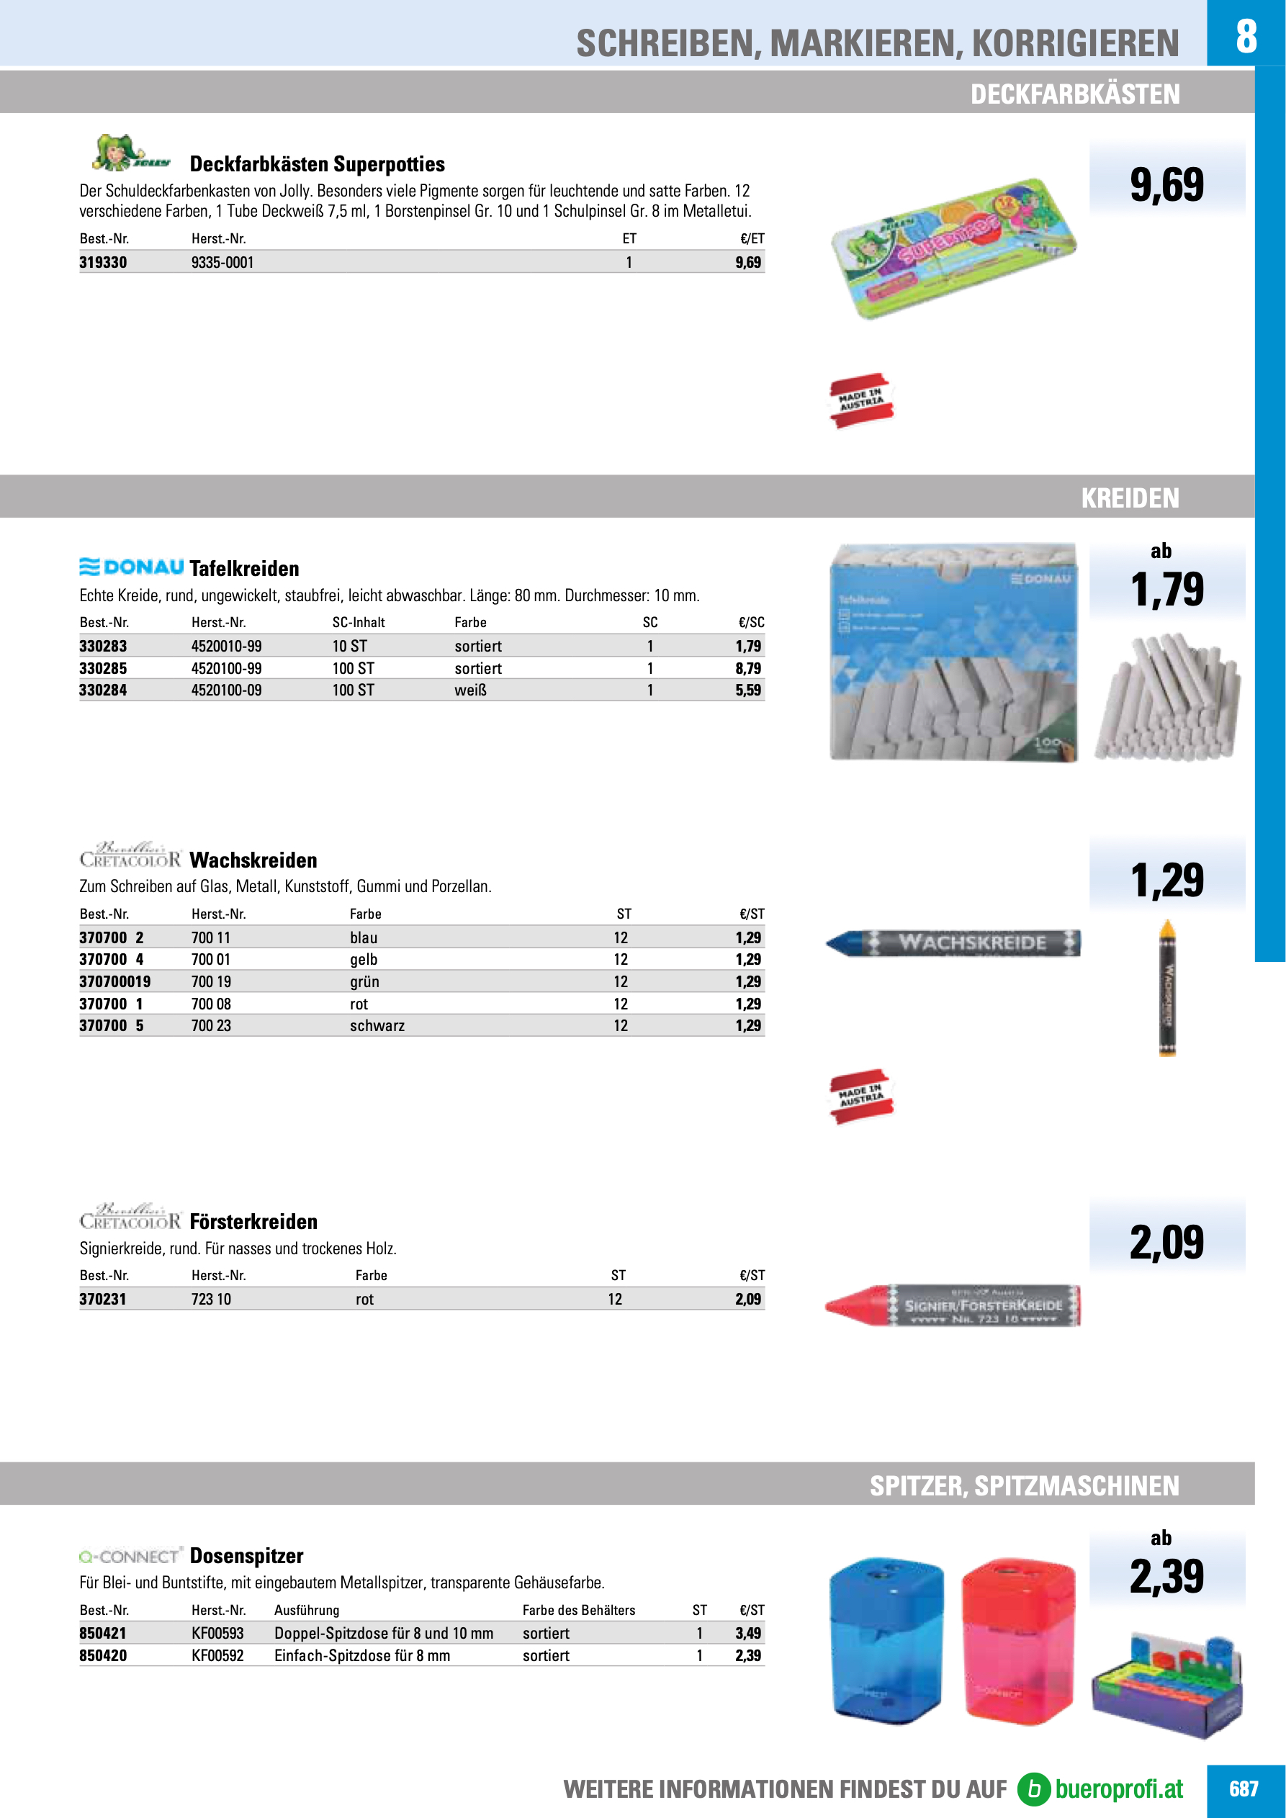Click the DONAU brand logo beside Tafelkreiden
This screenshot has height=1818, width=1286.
click(x=132, y=567)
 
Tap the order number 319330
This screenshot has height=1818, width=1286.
click(x=103, y=263)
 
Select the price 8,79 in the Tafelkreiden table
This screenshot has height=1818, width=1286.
click(x=747, y=668)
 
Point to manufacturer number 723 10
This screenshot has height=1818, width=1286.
click(x=211, y=1300)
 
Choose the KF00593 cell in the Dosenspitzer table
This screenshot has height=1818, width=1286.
click(x=217, y=1634)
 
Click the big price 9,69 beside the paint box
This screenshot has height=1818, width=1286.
click(x=1166, y=184)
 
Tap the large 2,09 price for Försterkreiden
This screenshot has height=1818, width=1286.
click(x=1166, y=1242)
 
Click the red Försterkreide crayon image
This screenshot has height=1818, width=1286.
click(x=953, y=1305)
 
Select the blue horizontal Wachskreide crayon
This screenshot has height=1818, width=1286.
click(x=953, y=943)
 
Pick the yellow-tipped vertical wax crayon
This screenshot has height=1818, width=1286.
click(x=1167, y=988)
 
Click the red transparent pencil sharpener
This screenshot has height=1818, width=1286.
click(x=1018, y=1638)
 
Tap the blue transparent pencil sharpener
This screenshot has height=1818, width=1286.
click(x=887, y=1639)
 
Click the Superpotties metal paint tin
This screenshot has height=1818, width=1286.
click(x=953, y=247)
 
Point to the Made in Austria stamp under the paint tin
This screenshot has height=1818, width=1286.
click(x=860, y=400)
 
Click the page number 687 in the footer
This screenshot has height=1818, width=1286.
click(x=1244, y=1789)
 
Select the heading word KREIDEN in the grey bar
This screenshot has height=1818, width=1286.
click(x=1130, y=498)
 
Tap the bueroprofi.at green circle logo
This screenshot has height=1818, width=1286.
click(x=1033, y=1789)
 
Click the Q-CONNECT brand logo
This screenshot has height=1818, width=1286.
click(x=130, y=1557)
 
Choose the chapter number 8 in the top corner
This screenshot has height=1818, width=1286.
click(x=1246, y=35)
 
